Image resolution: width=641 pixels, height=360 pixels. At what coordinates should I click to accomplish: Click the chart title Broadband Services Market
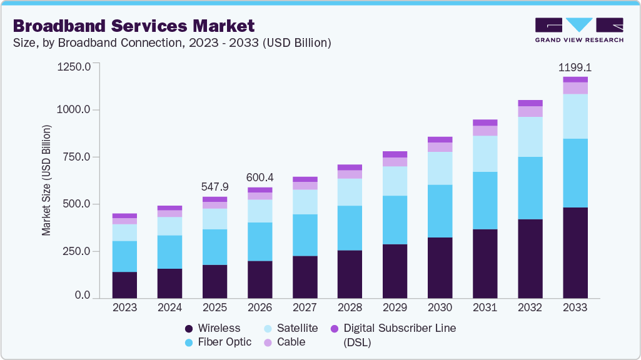coord(134,26)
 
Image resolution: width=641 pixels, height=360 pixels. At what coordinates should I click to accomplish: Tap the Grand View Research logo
coord(578,29)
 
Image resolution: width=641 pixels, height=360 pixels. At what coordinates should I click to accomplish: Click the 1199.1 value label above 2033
coord(575,66)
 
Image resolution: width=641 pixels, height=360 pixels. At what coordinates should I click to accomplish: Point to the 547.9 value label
coord(215,186)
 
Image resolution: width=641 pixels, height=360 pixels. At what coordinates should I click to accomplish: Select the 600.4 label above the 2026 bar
coord(260,177)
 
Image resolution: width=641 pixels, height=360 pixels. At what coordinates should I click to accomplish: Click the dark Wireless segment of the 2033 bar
coord(575,252)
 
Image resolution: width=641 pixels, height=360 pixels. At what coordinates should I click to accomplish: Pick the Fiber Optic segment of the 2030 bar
coord(440,211)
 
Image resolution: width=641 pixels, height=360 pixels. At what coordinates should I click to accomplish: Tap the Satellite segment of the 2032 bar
coord(530,137)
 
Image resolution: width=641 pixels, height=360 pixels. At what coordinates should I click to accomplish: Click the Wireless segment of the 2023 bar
coord(124,285)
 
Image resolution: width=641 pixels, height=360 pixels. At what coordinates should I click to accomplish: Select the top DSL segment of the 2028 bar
coord(350,167)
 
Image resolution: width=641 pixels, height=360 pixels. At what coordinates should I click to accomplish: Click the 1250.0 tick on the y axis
coord(74,66)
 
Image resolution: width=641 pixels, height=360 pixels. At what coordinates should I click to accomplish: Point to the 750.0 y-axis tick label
coord(77,157)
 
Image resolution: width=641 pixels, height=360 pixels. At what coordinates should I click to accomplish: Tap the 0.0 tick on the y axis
coord(83,295)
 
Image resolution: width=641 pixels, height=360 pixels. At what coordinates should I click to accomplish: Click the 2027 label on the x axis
coord(305,307)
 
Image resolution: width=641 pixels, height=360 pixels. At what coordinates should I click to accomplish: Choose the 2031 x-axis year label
coord(485,307)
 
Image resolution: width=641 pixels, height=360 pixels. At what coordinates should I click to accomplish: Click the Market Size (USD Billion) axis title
coord(46,181)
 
